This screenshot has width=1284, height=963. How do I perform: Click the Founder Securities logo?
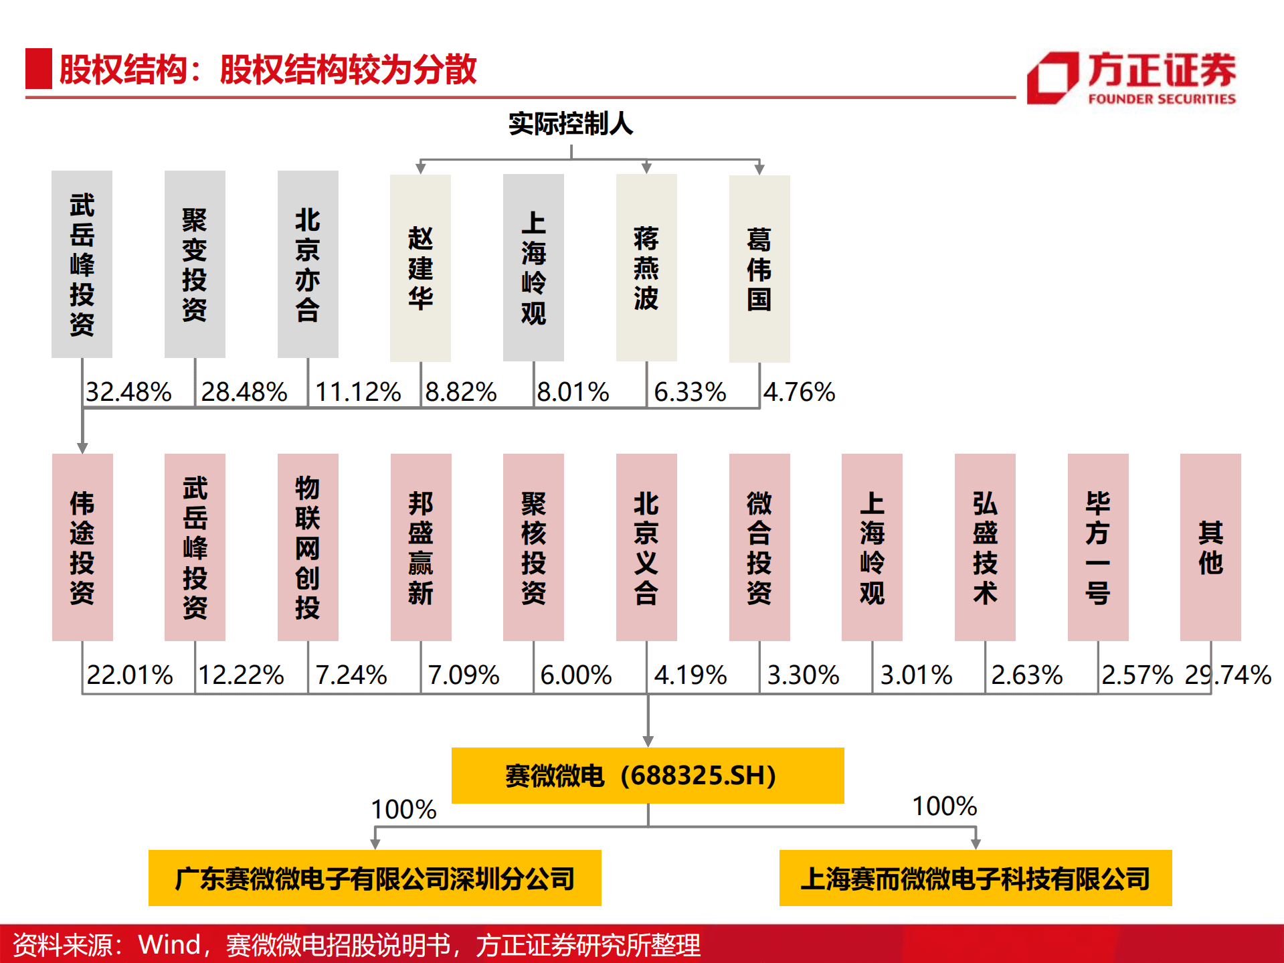coord(1131,78)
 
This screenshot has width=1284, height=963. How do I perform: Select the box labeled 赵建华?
coord(420,268)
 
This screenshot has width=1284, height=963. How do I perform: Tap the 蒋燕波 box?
coord(646,268)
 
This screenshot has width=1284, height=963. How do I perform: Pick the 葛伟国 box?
coord(759,268)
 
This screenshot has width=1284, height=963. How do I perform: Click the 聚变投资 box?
coord(195,264)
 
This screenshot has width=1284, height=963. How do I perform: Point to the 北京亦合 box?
coord(308,264)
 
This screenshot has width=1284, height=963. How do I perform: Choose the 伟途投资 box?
coord(82,547)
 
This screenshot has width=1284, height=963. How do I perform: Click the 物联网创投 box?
coord(308,547)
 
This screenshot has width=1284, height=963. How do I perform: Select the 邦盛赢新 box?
coord(421,547)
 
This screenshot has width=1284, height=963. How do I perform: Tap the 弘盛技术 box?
coord(985,547)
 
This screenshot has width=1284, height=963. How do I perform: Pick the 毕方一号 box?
coord(1098,547)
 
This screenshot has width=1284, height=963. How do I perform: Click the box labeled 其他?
coord(1210,547)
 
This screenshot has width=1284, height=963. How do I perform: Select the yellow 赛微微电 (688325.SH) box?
coord(648,775)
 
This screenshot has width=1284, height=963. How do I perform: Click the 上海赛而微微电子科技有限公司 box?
coord(976,878)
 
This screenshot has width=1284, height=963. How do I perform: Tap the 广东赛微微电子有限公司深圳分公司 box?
coord(375,878)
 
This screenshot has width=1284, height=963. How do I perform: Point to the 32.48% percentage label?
coord(129,392)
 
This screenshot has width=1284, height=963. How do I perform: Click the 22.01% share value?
coord(130,675)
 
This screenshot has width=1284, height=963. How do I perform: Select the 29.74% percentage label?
coord(1228,675)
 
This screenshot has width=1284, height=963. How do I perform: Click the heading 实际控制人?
coord(571,124)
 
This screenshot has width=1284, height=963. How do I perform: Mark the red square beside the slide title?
coord(39,68)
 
